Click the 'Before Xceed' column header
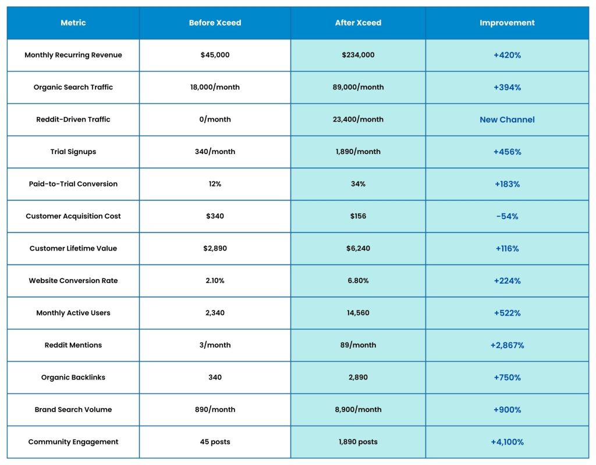point(215,23)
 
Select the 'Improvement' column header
point(507,23)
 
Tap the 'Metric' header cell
point(73,23)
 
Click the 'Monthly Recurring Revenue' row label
point(73,55)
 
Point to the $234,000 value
point(358,55)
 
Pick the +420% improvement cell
point(507,55)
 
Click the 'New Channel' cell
point(507,120)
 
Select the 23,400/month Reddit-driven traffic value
point(358,120)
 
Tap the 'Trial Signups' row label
point(73,152)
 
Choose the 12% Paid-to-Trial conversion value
point(215,184)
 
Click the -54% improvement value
point(507,216)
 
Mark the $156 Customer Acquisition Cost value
point(358,216)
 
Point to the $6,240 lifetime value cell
point(358,249)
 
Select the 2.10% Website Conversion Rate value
point(215,281)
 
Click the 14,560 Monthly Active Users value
point(358,313)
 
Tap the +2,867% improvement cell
point(507,345)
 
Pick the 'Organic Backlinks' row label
point(73,378)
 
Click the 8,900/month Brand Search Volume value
point(358,410)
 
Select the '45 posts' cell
point(215,442)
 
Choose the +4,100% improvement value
point(507,442)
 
